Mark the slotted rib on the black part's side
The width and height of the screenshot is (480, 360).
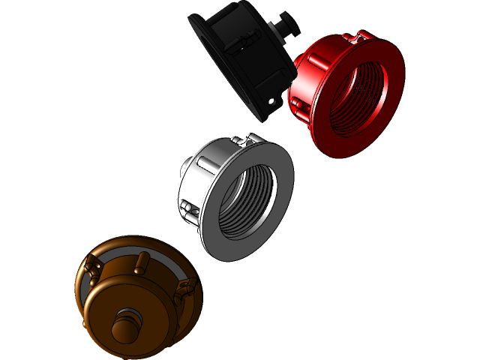pos(233,45)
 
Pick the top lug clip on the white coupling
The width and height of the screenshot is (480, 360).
pos(244,140)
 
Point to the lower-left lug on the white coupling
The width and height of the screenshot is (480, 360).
pos(189,213)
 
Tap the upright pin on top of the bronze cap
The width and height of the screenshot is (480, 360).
pos(139,264)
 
